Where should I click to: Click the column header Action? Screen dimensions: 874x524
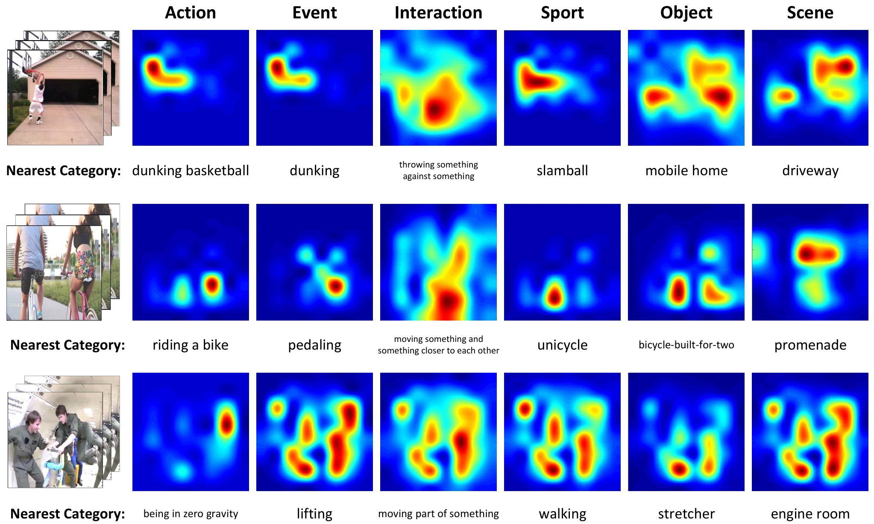[191, 13]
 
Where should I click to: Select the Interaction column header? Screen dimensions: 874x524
[438, 13]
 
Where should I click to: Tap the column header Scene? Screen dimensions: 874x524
[810, 13]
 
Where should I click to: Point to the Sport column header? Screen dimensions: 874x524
[562, 13]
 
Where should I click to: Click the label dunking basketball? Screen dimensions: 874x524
[191, 171]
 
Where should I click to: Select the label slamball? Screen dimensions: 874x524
[562, 171]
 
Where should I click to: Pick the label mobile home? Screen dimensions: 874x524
[686, 171]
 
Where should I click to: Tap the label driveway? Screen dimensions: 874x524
[810, 171]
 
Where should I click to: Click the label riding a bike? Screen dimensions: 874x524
[191, 344]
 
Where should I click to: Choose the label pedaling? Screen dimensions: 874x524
[314, 345]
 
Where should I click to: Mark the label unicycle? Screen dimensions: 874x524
[562, 345]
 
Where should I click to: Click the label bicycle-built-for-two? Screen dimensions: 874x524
[686, 345]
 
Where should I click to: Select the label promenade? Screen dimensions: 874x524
[810, 345]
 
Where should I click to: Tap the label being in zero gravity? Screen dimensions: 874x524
[191, 514]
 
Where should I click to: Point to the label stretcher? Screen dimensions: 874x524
[686, 514]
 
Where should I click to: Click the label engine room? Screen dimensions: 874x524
[810, 514]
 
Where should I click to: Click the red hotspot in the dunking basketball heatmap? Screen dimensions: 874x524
[153, 68]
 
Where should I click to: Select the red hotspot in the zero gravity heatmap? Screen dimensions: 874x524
[226, 424]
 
